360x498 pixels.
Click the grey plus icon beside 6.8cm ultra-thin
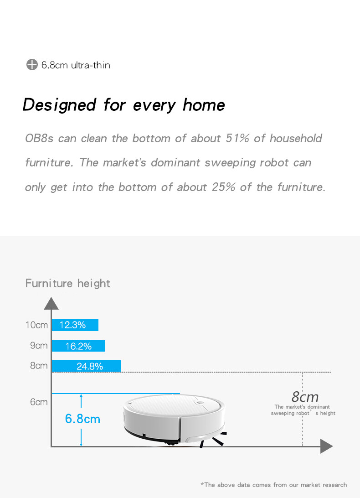pos(32,64)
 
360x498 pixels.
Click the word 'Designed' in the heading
pos(59,105)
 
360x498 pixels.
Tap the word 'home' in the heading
pos(204,105)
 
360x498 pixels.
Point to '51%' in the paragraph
pos(237,138)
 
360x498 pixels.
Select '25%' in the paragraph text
pos(223,187)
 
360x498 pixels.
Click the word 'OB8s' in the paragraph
pos(39,138)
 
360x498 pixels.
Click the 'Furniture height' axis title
pos(67,283)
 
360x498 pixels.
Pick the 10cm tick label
pos(36,325)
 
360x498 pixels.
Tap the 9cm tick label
pos(39,345)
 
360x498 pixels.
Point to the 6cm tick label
pos(39,402)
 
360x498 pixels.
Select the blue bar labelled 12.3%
pos(75,325)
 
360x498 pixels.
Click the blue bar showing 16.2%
pos(78,346)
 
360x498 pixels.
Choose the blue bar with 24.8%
pos(86,366)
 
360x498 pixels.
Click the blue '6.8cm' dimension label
pos(82,419)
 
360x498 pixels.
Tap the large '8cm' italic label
pos(305,397)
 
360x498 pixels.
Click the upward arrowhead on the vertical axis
pos(51,303)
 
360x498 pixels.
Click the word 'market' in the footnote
pos(311,485)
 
